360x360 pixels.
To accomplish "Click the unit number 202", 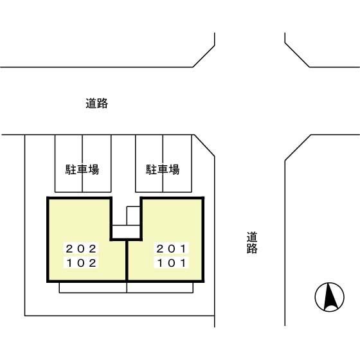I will (82, 248).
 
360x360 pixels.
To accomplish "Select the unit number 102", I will (82, 262).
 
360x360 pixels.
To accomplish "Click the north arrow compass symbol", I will (329, 298).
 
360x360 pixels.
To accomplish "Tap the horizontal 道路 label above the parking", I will (96, 103).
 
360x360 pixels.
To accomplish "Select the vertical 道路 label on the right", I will (252, 243).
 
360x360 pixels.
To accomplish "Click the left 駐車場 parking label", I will (82, 170).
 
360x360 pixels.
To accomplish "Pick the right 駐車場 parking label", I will (163, 170).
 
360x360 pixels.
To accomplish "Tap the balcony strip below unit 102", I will (93, 287).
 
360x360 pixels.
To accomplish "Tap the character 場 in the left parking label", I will (94, 170).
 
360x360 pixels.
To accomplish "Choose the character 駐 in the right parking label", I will (151, 170).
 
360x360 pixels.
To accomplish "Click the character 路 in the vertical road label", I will (252, 249).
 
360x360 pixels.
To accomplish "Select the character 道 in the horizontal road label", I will (91, 103).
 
